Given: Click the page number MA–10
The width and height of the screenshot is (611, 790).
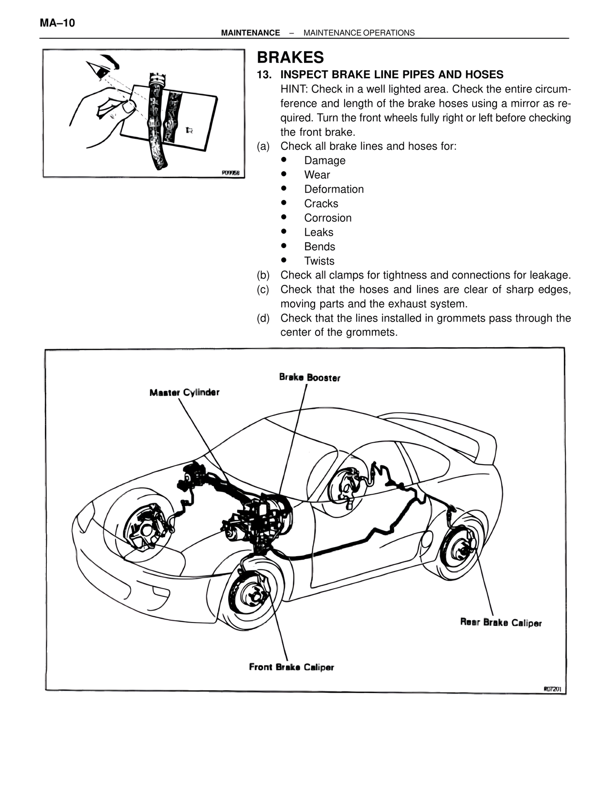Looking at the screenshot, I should point(58,23).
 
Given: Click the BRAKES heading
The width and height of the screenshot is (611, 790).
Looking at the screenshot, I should point(290,57).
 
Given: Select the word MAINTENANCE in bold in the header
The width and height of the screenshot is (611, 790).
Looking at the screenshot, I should point(251,33).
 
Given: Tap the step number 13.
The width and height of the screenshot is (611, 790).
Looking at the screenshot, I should point(264,75).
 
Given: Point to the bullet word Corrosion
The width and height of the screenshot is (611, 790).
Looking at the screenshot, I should point(327,218).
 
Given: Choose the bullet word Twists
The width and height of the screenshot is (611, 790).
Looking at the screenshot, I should point(319,261).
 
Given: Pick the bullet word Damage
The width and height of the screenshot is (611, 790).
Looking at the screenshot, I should point(325,161).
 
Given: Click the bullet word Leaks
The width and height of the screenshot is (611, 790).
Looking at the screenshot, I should point(318,232).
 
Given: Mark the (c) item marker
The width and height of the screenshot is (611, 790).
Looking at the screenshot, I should point(263,290).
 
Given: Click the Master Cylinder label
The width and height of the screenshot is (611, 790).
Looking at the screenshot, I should point(184,393).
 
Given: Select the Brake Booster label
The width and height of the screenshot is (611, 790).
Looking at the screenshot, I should point(310,377).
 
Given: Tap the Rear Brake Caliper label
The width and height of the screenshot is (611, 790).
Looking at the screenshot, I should point(501,623).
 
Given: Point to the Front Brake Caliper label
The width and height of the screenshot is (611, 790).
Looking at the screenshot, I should point(291,667).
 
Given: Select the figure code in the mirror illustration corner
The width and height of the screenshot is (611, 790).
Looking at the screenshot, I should point(231,173).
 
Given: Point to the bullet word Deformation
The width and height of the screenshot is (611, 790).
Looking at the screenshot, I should point(334,189).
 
